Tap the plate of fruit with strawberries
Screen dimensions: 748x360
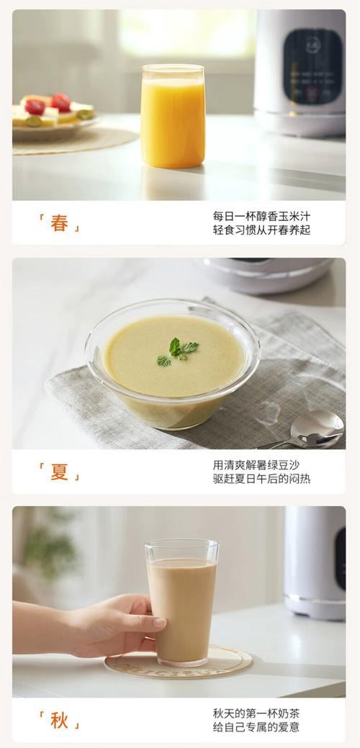tap(54, 114)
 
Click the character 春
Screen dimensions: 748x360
tap(59, 224)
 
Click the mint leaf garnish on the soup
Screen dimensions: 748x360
tap(177, 351)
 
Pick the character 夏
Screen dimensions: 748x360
tap(59, 472)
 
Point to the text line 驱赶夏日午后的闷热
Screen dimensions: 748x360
tap(261, 479)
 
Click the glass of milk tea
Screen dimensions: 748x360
tap(181, 601)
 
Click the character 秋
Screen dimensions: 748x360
tap(59, 720)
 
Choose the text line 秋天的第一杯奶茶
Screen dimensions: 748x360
tap(256, 713)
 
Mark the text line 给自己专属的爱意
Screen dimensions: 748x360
tap(256, 727)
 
